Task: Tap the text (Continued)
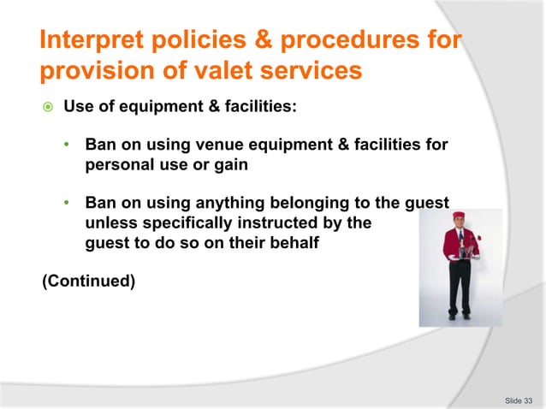(x=88, y=278)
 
